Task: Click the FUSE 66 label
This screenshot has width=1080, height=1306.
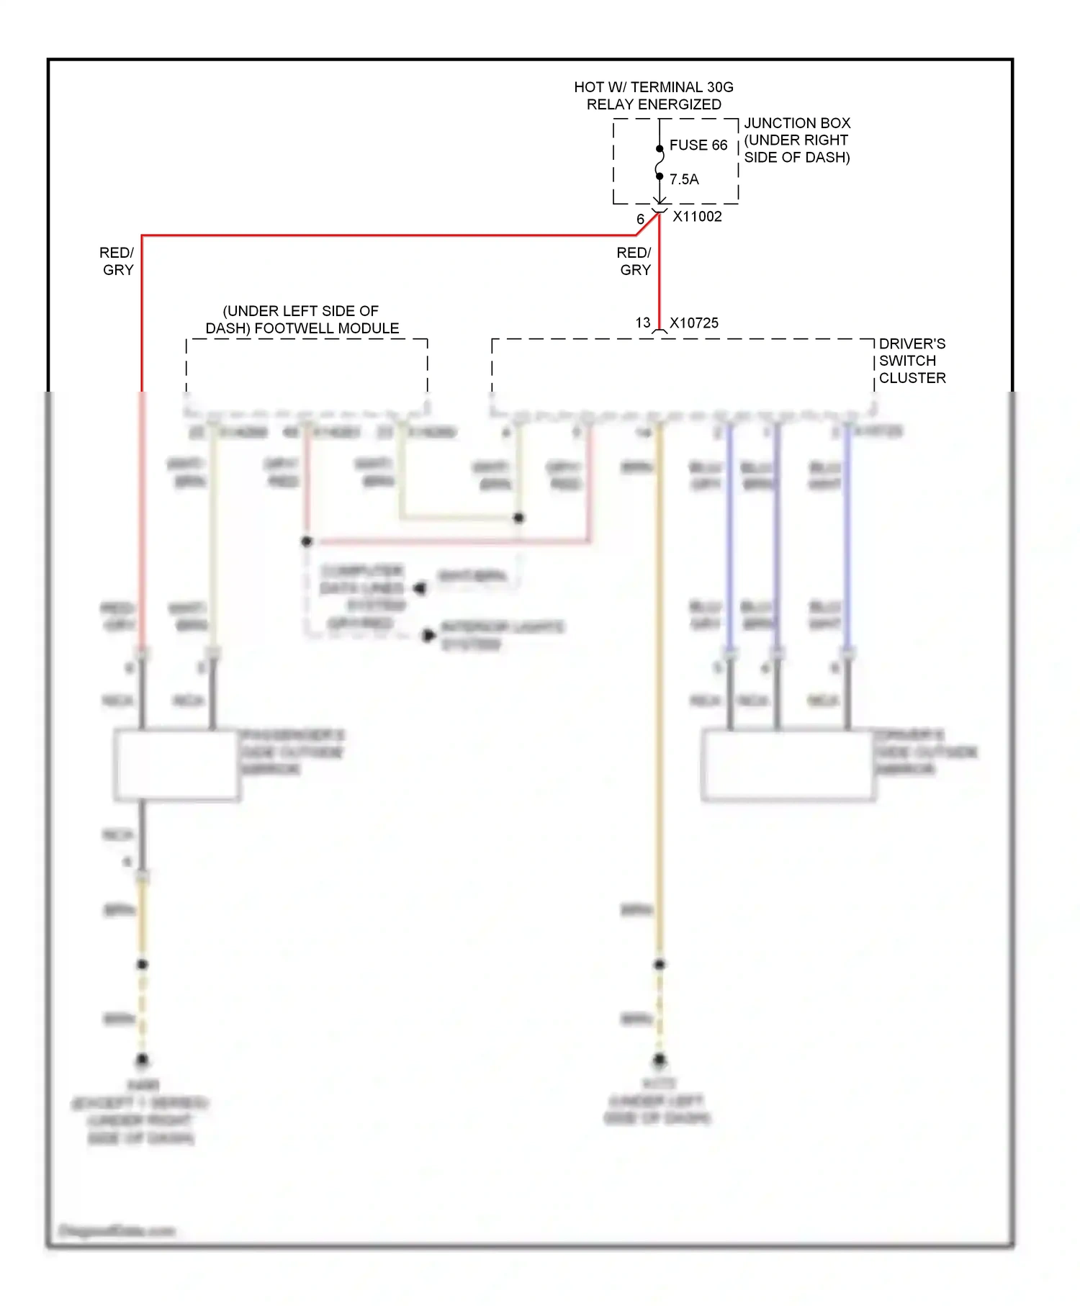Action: pos(698,145)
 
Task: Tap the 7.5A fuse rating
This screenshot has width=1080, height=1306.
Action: pos(684,179)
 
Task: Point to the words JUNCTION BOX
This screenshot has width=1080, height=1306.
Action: pos(797,123)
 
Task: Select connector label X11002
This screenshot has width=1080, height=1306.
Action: pos(697,217)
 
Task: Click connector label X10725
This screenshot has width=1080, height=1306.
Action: pos(694,323)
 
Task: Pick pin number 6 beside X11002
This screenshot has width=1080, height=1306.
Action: pos(640,219)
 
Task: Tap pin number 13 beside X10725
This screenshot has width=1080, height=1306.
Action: pos(643,323)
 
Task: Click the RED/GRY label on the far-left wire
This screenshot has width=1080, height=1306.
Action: pos(117,261)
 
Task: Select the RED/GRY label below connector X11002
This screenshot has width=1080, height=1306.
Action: pos(634,261)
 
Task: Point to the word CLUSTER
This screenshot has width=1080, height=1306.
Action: pos(912,378)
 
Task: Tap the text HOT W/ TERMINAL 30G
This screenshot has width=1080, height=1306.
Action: pos(653,87)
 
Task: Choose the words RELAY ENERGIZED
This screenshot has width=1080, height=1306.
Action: pos(653,104)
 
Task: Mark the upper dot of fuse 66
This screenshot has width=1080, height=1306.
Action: pos(660,149)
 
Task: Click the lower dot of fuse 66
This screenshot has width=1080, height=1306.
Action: pos(660,176)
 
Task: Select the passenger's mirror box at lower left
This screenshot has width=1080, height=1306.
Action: pos(177,765)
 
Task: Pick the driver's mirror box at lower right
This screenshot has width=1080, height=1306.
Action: pos(788,765)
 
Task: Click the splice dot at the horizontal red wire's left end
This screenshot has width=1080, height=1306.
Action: pos(307,541)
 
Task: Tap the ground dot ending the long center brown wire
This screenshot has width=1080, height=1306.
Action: pos(660,1059)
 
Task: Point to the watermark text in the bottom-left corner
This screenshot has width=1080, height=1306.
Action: pos(117,1230)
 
